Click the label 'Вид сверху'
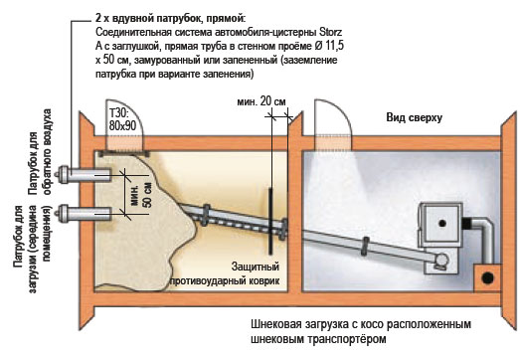pos(415,117)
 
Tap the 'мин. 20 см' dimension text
pos(261,101)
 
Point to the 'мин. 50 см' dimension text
pos(141,195)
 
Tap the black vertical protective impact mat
pos(270,221)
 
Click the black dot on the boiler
pos(441,224)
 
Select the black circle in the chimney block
pos(487,278)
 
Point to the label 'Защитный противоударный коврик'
pos(225,273)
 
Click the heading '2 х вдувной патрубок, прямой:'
pos(171,19)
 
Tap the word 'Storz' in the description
pos(330,33)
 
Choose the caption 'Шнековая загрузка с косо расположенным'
pos(361,324)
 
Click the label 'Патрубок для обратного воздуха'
pos(40,151)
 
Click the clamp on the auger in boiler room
pos(365,246)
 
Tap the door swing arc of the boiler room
pos(343,112)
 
